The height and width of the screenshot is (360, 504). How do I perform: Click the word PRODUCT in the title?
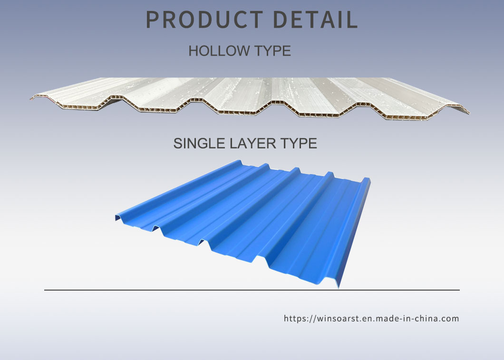coord(204,19)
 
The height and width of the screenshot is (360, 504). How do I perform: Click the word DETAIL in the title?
coord(315,19)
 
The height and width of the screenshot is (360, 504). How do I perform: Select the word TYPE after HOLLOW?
coord(272,51)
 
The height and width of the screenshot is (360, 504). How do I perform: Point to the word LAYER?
coord(252,143)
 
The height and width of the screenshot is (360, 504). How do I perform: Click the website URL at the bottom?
coord(371,319)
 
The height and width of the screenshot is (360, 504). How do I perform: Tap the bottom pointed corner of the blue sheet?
coord(339,288)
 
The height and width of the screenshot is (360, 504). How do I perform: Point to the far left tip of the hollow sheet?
coord(31,98)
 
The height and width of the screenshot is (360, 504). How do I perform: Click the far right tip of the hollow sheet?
coord(469,113)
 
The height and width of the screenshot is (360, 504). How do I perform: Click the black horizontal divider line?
coord(252,290)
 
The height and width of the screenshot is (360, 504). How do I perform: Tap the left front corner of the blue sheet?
coord(116,220)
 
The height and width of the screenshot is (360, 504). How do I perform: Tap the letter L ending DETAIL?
coord(352,19)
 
